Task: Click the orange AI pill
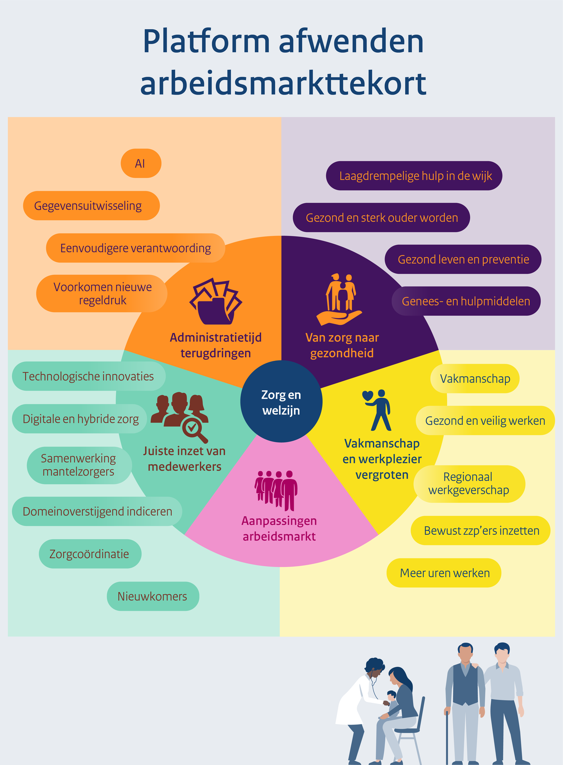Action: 141,163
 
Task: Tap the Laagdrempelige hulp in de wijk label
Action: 414,176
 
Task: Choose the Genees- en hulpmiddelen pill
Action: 466,301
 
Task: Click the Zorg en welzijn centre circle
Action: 281,402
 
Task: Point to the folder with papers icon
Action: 216,301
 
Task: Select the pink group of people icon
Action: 276,490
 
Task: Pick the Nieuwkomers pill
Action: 153,596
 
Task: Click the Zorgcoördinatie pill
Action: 90,554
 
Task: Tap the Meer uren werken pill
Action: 444,573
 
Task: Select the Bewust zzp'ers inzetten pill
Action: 481,531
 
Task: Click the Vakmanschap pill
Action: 475,378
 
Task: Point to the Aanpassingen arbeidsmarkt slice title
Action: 279,528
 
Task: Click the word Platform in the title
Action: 206,41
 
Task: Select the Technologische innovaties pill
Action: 88,376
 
